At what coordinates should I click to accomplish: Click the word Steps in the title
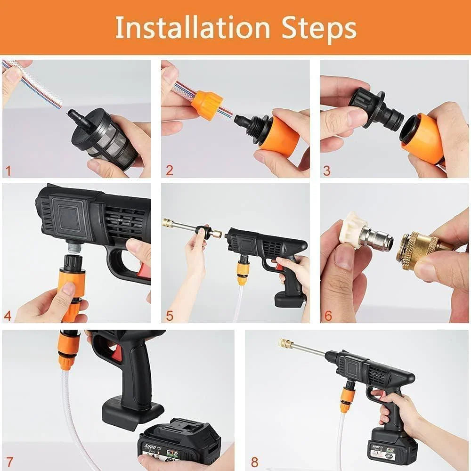pyautogui.click(x=319, y=28)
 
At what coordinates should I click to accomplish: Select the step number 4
pyautogui.click(x=8, y=315)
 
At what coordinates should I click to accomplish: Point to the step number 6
pyautogui.click(x=328, y=315)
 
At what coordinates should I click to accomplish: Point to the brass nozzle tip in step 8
pyautogui.click(x=285, y=343)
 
